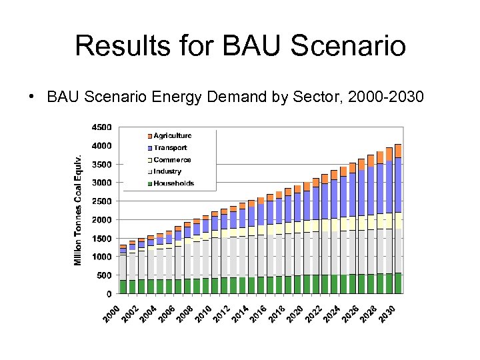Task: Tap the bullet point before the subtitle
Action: pos(31,97)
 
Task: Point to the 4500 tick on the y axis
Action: pos(102,127)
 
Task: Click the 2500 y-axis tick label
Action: pos(102,201)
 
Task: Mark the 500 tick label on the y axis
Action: pos(105,275)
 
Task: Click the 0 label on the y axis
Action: pos(109,294)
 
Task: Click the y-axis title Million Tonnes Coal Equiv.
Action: pos(79,210)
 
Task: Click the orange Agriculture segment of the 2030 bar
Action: pos(398,151)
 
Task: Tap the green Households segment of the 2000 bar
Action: pos(123,287)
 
